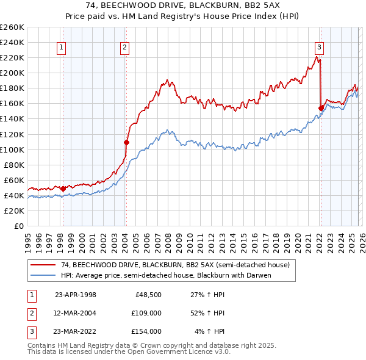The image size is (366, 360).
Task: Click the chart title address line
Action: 183,5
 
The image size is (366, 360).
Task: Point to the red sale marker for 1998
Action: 63,189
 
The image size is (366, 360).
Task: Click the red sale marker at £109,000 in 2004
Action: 126,142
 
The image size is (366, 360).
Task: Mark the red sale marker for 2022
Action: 321,108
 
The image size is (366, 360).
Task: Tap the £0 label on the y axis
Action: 18,226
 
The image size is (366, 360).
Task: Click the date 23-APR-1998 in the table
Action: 76,294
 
